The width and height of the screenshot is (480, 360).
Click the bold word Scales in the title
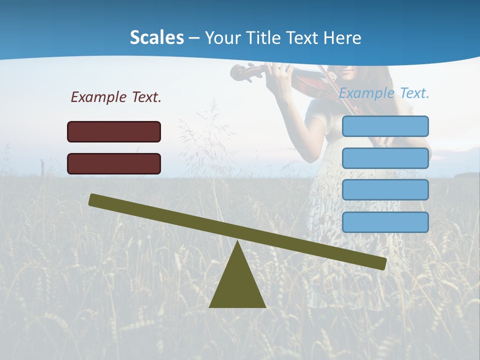(x=156, y=37)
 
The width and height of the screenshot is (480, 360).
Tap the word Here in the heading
(x=342, y=37)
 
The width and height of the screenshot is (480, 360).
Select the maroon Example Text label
(x=116, y=97)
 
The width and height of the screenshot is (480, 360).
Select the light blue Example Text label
(x=384, y=93)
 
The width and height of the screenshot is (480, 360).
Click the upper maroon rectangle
(x=114, y=131)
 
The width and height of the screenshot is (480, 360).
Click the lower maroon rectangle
(x=114, y=163)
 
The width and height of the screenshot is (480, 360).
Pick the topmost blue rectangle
(x=385, y=126)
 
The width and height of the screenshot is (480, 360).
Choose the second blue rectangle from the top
(x=385, y=158)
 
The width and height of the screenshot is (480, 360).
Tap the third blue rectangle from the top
(x=385, y=190)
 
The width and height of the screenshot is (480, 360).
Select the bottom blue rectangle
(x=385, y=222)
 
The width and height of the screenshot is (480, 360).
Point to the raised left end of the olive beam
(x=93, y=199)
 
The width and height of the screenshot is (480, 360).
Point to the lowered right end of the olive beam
(x=381, y=263)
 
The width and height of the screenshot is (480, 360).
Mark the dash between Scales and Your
(x=194, y=38)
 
